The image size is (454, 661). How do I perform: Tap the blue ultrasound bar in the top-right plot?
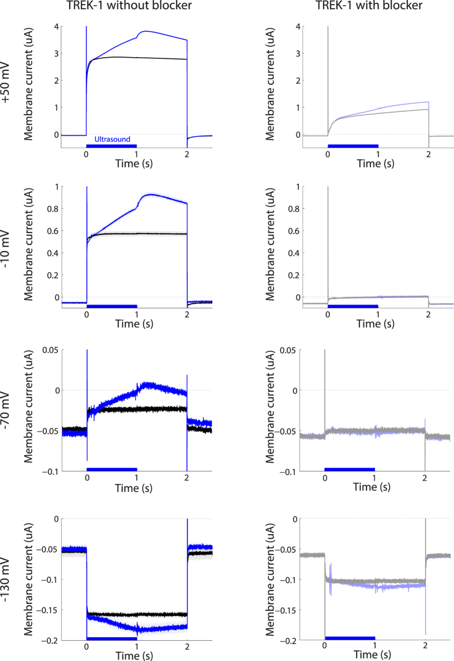[352, 145]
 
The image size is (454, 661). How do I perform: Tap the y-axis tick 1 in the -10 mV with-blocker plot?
[297, 187]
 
